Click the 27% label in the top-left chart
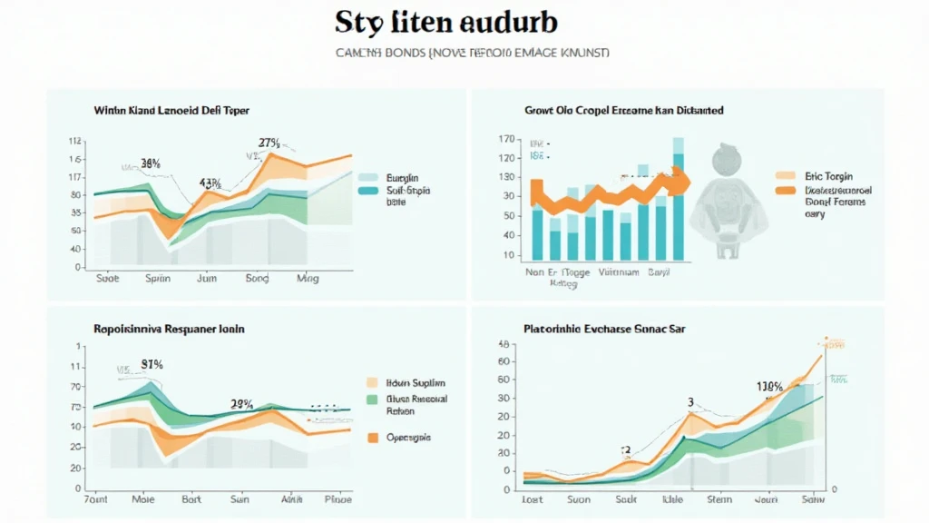pyautogui.click(x=269, y=143)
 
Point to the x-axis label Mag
pyautogui.click(x=308, y=279)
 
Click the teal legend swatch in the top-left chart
pyautogui.click(x=368, y=192)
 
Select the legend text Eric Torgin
pyautogui.click(x=827, y=177)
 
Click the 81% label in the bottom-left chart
pyautogui.click(x=152, y=364)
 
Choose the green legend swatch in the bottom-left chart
pyautogui.click(x=371, y=399)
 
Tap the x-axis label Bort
pyautogui.click(x=191, y=498)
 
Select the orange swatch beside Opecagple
pyautogui.click(x=371, y=438)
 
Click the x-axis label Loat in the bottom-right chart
pyautogui.click(x=532, y=498)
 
